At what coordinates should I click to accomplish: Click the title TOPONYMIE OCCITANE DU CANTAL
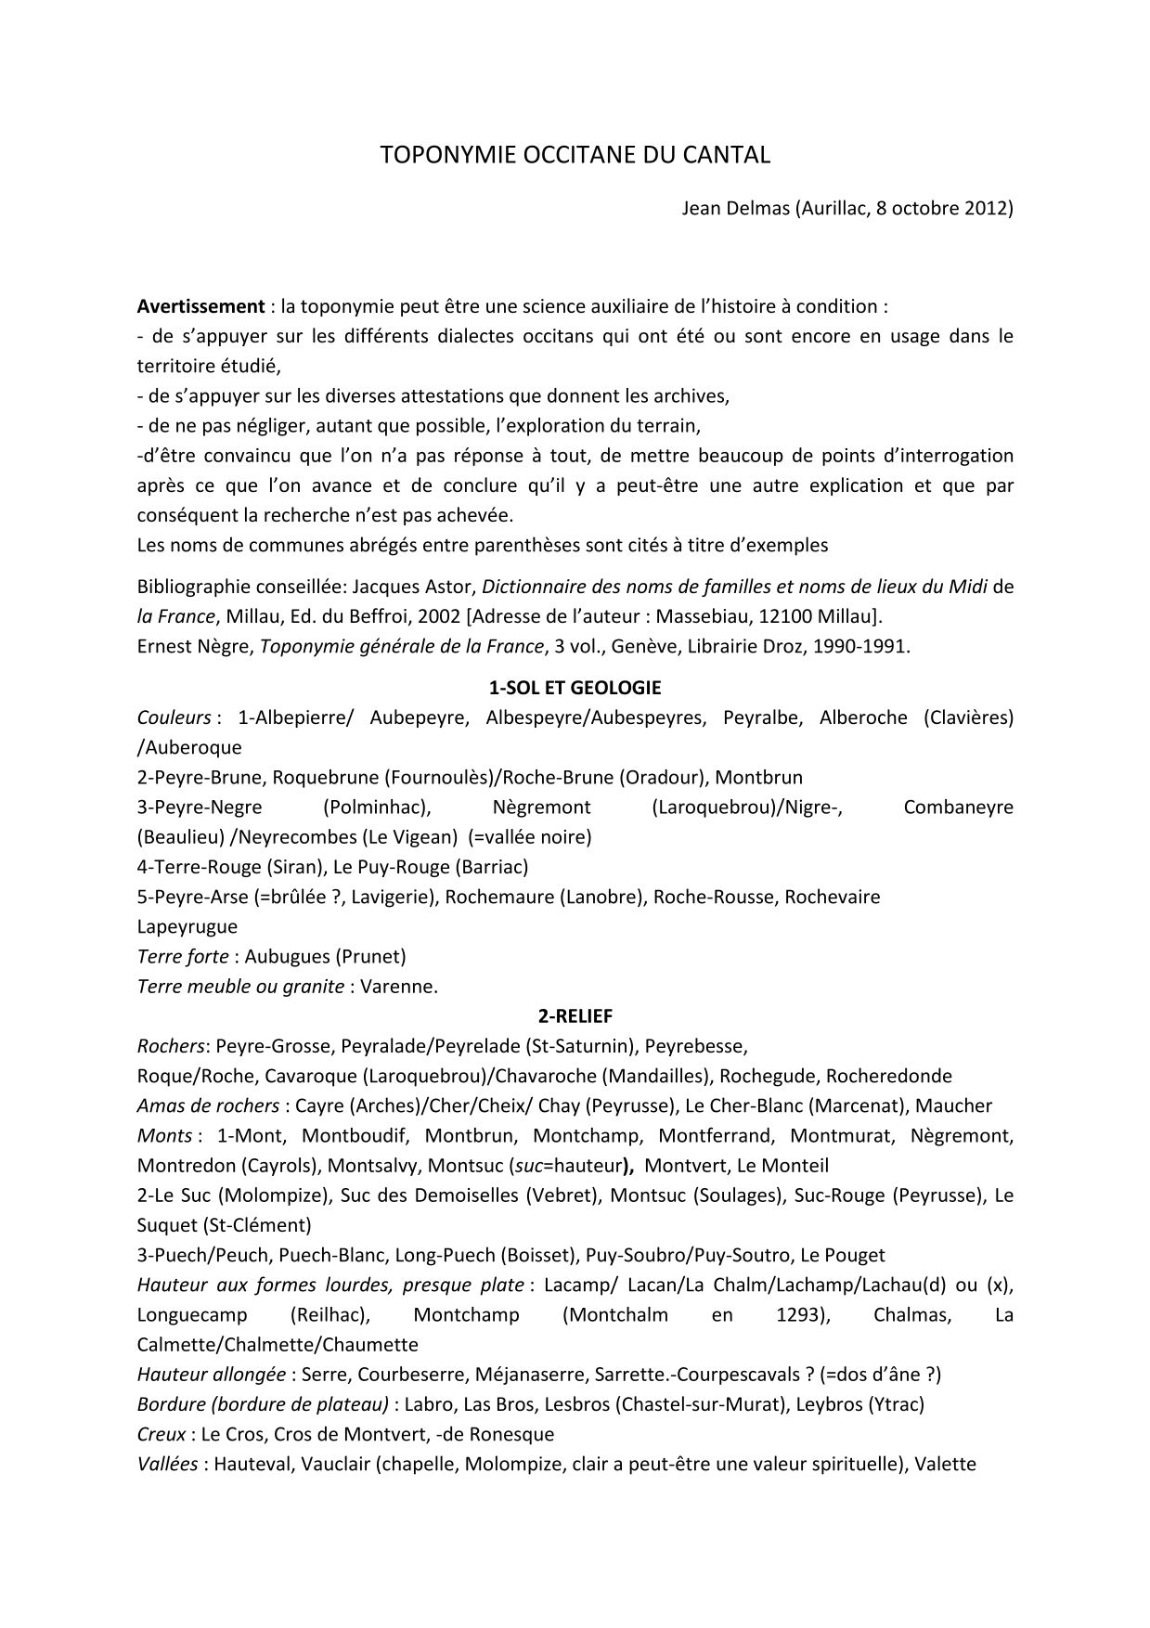click(x=575, y=155)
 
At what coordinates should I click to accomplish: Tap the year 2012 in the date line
click(x=987, y=208)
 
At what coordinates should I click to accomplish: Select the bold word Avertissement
click(x=200, y=306)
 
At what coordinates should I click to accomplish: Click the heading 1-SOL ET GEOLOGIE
click(x=575, y=688)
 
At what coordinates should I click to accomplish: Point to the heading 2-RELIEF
click(x=575, y=1016)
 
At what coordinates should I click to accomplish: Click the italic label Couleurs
click(x=174, y=717)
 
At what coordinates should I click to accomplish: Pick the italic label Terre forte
click(x=182, y=956)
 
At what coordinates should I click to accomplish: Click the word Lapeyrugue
click(x=187, y=926)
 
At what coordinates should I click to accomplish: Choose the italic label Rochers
click(x=171, y=1046)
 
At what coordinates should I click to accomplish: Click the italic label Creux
click(x=161, y=1434)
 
